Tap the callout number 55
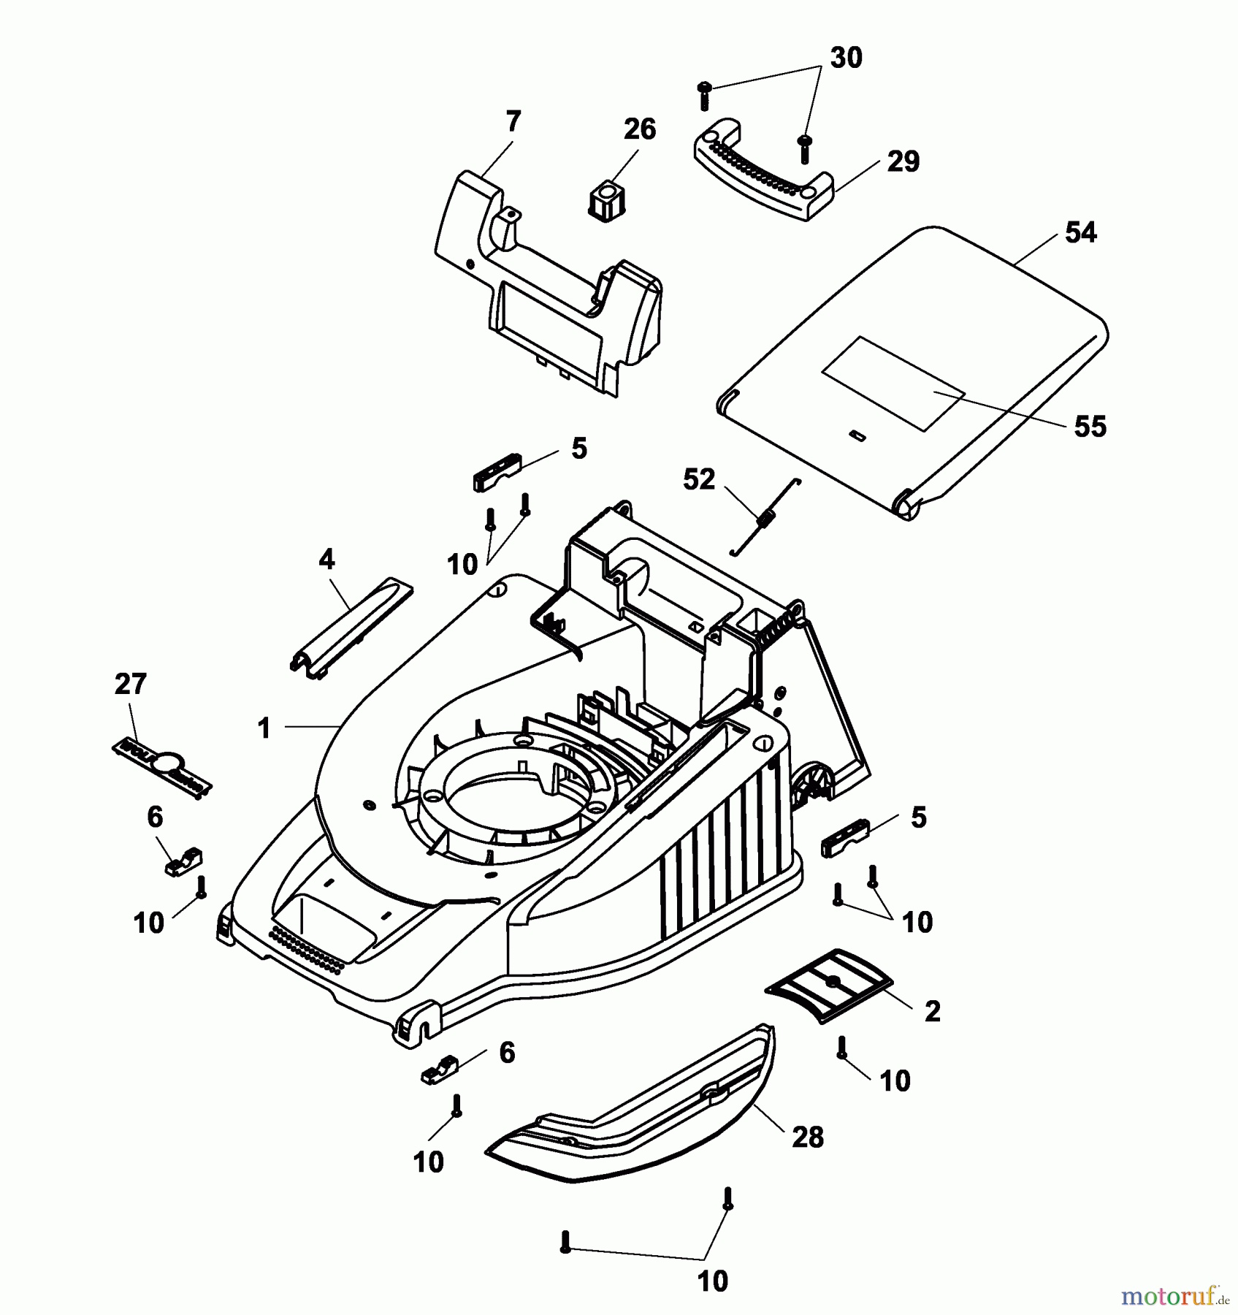[1090, 426]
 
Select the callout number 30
[846, 57]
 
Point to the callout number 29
[903, 161]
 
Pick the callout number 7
[513, 122]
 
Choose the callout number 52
[698, 480]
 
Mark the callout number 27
[131, 685]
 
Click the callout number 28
[807, 1137]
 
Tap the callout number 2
[932, 1012]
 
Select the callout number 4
[326, 560]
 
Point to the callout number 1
[264, 728]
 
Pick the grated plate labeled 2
[829, 986]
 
